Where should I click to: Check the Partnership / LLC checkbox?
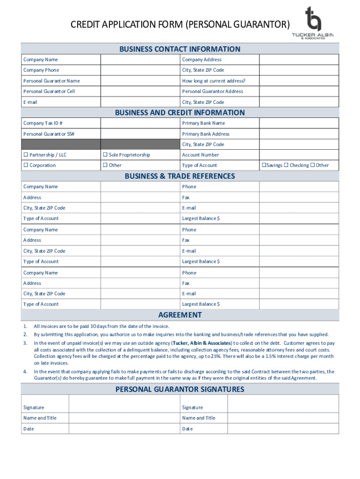26,155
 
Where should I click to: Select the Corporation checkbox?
26,165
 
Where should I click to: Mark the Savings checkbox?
264,165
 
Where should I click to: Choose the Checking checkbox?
286,165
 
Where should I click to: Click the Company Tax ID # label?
43,123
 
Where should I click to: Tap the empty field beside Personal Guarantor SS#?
140,134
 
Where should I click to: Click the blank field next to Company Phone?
140,70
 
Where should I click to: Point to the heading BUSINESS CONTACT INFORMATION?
180,49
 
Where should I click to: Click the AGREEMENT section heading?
180,315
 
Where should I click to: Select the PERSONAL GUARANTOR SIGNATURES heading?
180,389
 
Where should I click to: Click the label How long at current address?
214,81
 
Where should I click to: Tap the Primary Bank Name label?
203,123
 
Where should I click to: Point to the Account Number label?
201,155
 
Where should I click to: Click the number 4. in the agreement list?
25,372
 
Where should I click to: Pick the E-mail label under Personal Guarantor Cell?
30,102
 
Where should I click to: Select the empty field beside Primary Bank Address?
299,134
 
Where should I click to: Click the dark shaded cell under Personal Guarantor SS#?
61,145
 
